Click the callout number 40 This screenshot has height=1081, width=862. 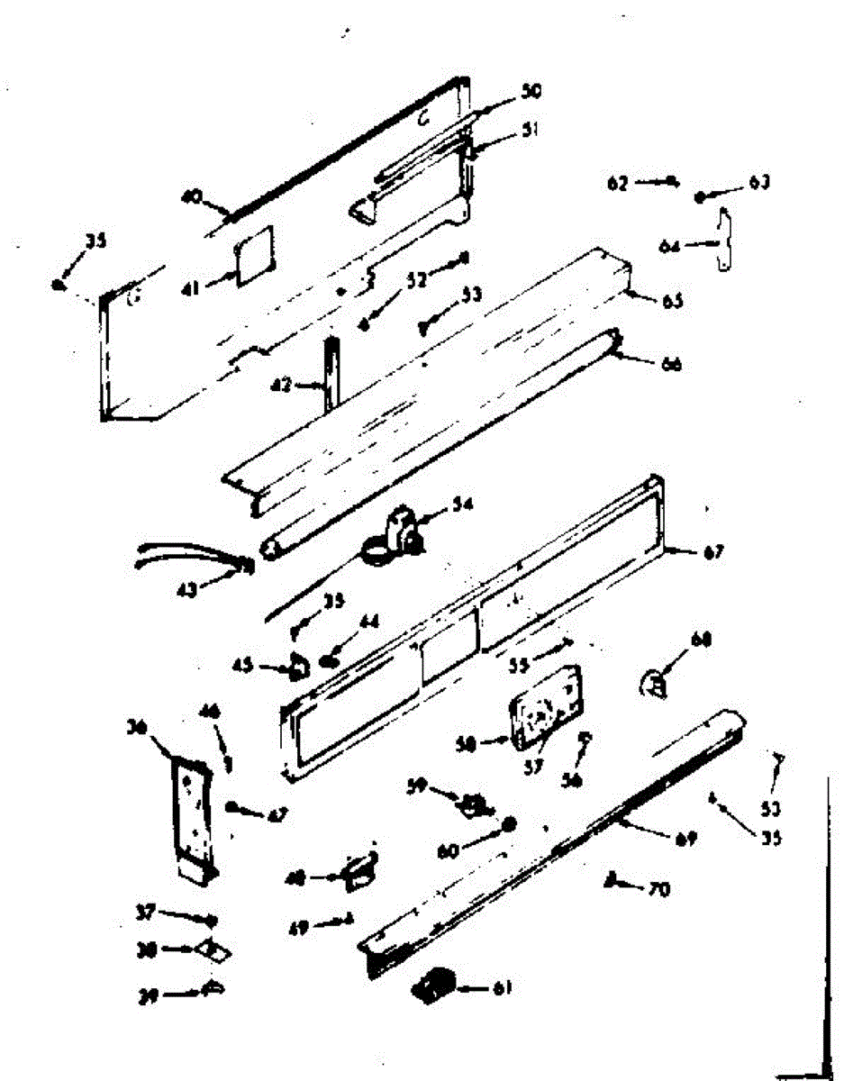click(x=189, y=195)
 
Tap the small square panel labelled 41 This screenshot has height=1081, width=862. click(x=254, y=256)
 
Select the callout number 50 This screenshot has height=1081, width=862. click(x=531, y=92)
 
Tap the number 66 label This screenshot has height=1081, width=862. click(x=672, y=365)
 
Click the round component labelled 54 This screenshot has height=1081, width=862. click(x=393, y=537)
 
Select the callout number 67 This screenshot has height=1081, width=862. click(x=713, y=551)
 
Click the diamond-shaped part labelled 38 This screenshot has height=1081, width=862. click(x=213, y=949)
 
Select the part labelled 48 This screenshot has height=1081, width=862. click(x=359, y=869)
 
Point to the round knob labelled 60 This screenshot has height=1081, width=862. click(x=510, y=824)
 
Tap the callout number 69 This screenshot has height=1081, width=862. click(x=686, y=840)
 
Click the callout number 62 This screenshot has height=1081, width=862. click(x=618, y=183)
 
